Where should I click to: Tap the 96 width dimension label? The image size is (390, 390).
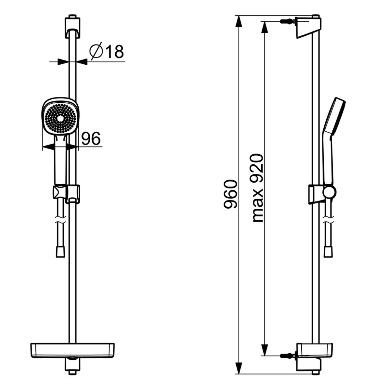(91, 139)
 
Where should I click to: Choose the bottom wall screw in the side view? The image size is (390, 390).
(286, 356)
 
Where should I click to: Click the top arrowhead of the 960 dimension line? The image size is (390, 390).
(239, 21)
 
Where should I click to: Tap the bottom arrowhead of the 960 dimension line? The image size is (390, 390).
(239, 367)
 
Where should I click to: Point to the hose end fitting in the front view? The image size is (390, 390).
(60, 252)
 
